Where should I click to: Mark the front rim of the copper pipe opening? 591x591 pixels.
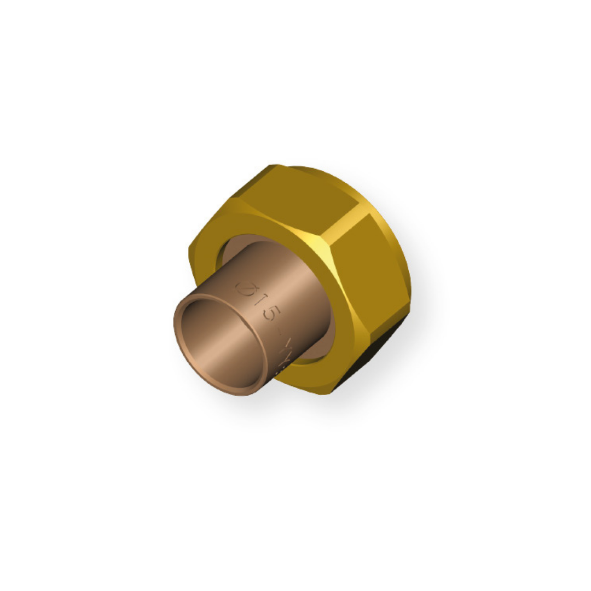click(181, 339)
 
